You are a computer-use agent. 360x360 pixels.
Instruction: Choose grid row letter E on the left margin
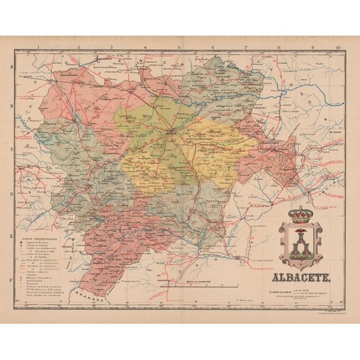pyautogui.click(x=11, y=237)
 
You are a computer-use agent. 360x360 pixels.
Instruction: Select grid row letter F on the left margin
pyautogui.click(x=11, y=280)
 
